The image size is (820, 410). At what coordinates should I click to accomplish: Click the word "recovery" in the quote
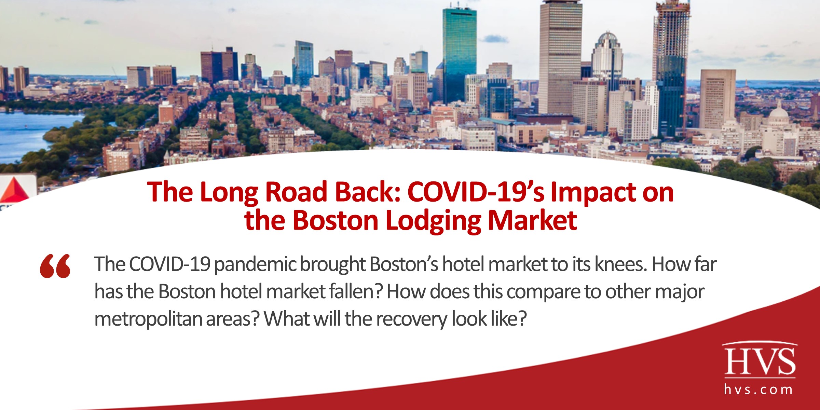(412, 319)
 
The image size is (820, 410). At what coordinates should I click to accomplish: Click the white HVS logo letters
(760, 361)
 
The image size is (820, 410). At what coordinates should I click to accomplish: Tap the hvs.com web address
(758, 389)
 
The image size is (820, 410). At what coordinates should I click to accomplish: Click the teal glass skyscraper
(459, 51)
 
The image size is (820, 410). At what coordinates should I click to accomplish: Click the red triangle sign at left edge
(15, 191)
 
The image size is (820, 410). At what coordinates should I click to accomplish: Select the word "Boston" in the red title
(336, 221)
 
